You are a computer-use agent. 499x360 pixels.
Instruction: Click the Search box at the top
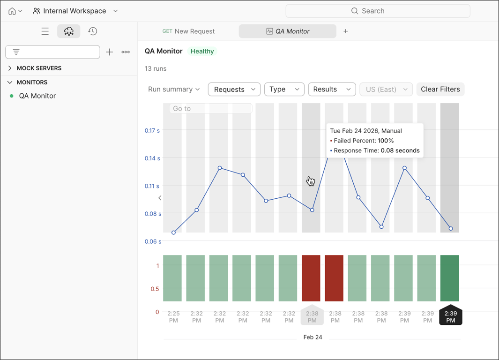pyautogui.click(x=378, y=11)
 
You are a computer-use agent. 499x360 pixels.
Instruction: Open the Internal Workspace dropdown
pyautogui.click(x=75, y=11)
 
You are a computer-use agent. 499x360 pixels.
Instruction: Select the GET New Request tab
pyautogui.click(x=188, y=31)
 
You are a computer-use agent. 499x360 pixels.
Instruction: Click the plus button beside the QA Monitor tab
pyautogui.click(x=346, y=31)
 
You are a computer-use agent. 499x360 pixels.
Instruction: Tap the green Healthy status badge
pyautogui.click(x=202, y=51)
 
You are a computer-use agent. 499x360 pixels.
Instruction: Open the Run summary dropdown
pyautogui.click(x=174, y=89)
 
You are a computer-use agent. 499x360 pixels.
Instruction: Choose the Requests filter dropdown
pyautogui.click(x=234, y=89)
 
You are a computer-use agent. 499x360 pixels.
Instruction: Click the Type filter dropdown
pyautogui.click(x=284, y=89)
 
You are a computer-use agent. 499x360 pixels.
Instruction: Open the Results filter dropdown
pyautogui.click(x=332, y=89)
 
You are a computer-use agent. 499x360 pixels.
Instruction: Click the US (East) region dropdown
pyautogui.click(x=386, y=89)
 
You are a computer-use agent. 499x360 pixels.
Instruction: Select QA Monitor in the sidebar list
pyautogui.click(x=37, y=96)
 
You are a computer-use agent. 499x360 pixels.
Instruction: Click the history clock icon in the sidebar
pyautogui.click(x=93, y=31)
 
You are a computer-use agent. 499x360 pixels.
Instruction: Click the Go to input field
pyautogui.click(x=210, y=108)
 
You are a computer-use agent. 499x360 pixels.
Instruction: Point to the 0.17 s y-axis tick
pyautogui.click(x=152, y=130)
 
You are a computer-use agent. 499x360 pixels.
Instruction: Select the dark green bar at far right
pyautogui.click(x=449, y=278)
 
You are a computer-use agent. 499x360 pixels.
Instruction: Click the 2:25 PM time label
pyautogui.click(x=173, y=317)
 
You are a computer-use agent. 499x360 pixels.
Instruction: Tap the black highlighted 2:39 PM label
pyautogui.click(x=450, y=317)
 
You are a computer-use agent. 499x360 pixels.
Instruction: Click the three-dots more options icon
pyautogui.click(x=126, y=52)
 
